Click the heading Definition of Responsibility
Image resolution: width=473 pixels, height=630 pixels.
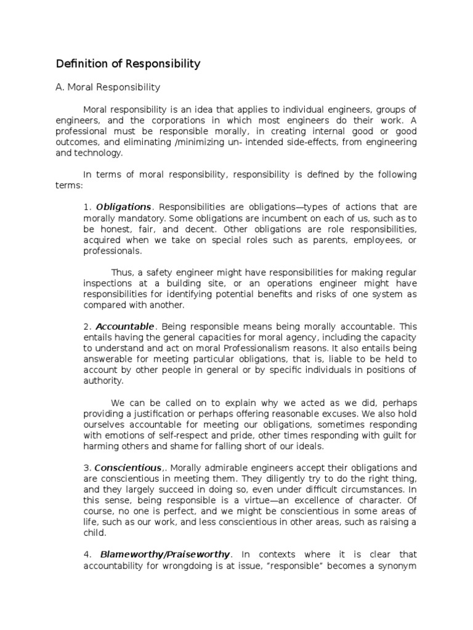tap(128, 63)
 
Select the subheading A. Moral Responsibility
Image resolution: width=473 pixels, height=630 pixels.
tap(108, 88)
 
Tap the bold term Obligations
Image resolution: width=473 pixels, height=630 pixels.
tap(123, 206)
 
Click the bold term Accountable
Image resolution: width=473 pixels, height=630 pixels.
tap(124, 326)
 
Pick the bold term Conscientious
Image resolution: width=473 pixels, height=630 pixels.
tap(128, 467)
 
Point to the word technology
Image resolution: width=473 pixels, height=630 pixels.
tap(100, 152)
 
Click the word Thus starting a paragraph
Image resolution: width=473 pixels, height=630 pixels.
tap(121, 272)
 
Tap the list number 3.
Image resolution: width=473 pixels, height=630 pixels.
tap(87, 467)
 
